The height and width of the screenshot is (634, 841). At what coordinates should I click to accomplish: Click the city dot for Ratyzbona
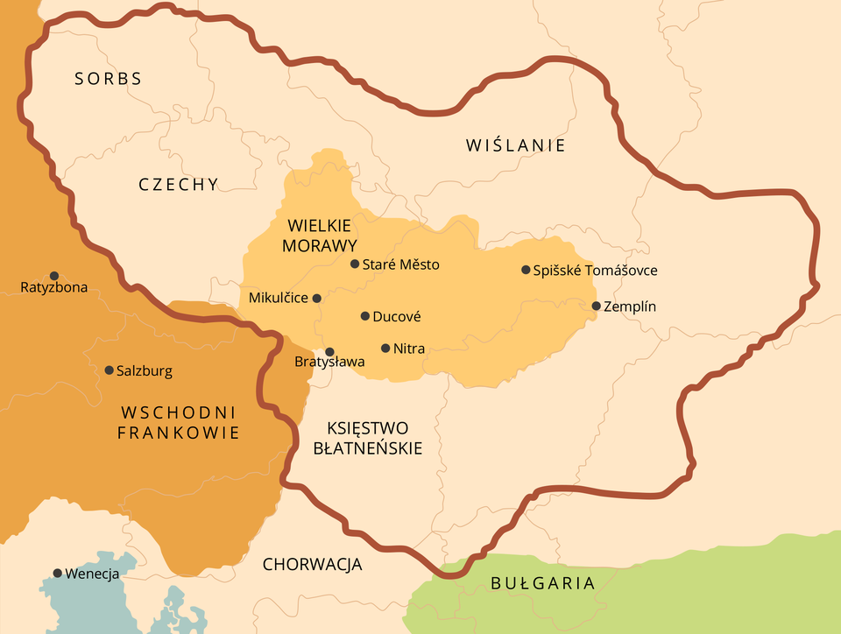click(54, 276)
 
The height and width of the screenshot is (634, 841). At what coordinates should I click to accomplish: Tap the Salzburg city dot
click(109, 370)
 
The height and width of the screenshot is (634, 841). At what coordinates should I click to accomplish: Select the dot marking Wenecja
click(58, 574)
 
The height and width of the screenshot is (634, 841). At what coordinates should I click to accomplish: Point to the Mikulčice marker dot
click(317, 298)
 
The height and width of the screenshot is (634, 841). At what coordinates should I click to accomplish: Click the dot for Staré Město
click(355, 264)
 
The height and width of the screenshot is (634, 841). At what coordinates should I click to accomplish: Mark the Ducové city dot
click(364, 316)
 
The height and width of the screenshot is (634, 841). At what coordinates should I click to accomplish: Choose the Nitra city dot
click(385, 349)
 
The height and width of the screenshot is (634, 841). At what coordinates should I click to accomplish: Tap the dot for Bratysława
click(329, 351)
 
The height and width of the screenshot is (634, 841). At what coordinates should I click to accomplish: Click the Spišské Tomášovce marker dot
click(526, 270)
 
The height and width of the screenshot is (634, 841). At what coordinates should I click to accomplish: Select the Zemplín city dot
click(597, 306)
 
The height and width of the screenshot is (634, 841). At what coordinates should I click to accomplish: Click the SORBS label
click(108, 79)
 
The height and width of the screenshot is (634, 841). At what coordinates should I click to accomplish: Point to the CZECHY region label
click(179, 185)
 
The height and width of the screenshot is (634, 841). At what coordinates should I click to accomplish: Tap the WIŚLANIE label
click(516, 145)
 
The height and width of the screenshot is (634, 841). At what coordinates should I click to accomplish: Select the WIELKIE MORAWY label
click(319, 235)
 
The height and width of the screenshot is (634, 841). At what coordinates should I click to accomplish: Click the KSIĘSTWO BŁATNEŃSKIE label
click(368, 438)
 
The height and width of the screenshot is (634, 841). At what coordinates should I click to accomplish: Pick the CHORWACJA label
click(313, 565)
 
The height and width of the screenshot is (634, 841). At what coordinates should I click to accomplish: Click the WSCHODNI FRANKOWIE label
click(179, 422)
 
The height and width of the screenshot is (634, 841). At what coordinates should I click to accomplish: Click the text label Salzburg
click(145, 371)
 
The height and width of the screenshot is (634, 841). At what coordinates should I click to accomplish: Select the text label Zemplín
click(630, 306)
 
